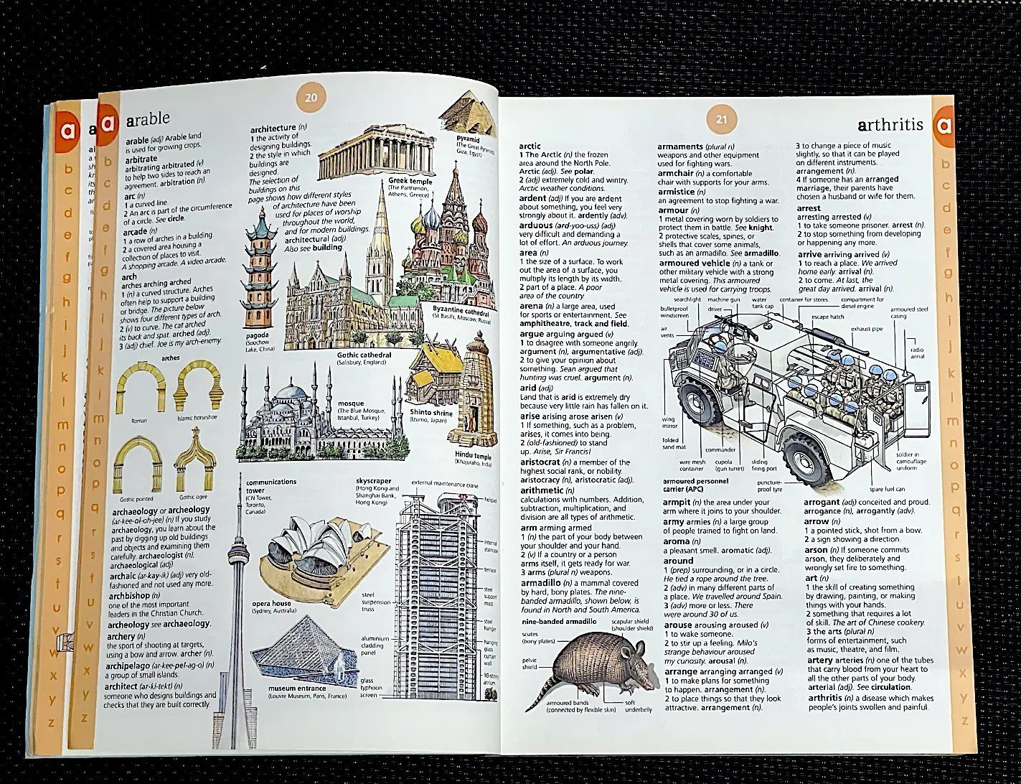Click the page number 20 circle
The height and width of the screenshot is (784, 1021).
(311, 99)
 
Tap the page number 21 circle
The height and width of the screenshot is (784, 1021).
(722, 120)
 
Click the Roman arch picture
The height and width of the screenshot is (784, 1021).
(141, 386)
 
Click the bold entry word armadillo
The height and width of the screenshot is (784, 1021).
(543, 583)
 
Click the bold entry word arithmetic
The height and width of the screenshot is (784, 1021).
(542, 490)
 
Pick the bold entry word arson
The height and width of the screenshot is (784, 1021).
(816, 549)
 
